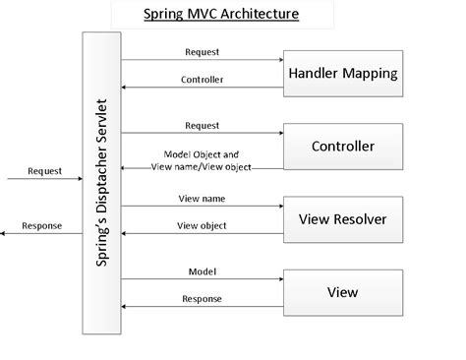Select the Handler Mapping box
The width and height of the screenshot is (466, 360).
pos(342,72)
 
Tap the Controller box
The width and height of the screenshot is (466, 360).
pos(342,147)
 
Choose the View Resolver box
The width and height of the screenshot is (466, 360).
pos(342,218)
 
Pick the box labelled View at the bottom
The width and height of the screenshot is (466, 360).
pos(342,292)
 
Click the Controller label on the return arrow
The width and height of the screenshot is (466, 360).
pos(203,79)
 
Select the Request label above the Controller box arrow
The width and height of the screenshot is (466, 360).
pos(203,125)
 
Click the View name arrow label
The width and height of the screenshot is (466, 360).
pos(201,197)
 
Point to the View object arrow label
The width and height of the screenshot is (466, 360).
pos(203,225)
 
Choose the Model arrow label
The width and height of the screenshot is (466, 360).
pos(202,270)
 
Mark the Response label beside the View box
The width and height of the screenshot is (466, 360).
pos(203,299)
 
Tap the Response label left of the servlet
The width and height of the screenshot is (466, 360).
pos(41,225)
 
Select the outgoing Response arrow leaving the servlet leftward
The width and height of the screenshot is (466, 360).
pos(44,235)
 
